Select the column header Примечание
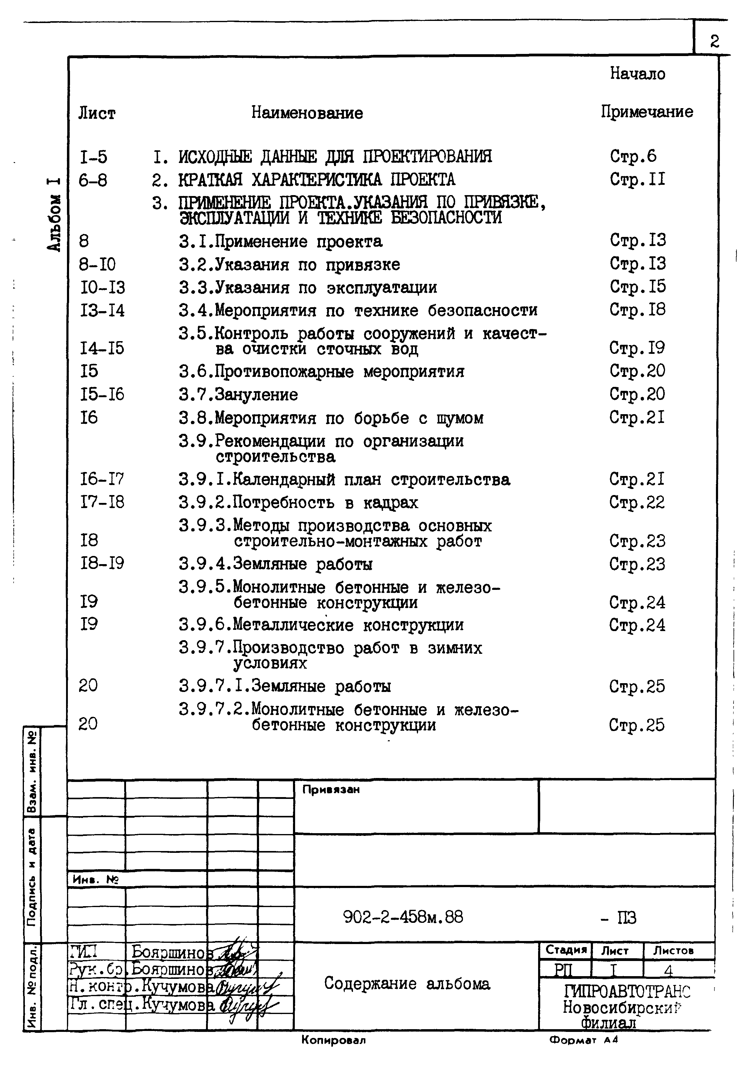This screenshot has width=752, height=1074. (647, 112)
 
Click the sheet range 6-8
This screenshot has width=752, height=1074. (93, 180)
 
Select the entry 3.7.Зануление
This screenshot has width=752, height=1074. (238, 394)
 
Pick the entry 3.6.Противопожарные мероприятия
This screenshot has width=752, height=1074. (321, 371)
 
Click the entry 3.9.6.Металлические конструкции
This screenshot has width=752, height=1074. (321, 625)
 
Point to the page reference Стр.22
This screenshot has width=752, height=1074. (637, 502)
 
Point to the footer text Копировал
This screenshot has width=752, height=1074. (333, 1041)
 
